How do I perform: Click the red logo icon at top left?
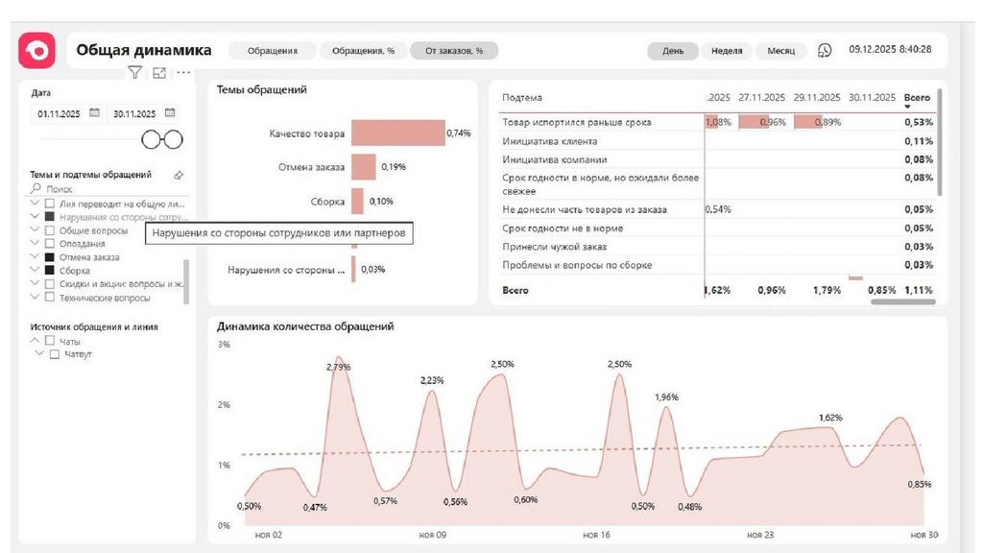pyautogui.click(x=37, y=50)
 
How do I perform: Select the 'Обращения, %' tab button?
pyautogui.click(x=363, y=51)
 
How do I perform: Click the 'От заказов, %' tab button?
pyautogui.click(x=454, y=51)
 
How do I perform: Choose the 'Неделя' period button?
pyautogui.click(x=727, y=51)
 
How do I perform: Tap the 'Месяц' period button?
pyautogui.click(x=780, y=51)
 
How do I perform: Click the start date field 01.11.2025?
pyautogui.click(x=60, y=113)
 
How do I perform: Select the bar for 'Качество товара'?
pyautogui.click(x=397, y=133)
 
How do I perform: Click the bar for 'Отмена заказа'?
pyautogui.click(x=363, y=167)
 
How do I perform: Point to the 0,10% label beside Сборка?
pyautogui.click(x=381, y=202)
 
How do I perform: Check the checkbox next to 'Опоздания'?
pyautogui.click(x=49, y=244)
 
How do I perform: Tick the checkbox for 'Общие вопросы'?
pyautogui.click(x=49, y=230)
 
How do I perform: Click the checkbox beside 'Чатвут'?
pyautogui.click(x=55, y=354)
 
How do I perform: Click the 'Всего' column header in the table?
pyautogui.click(x=917, y=98)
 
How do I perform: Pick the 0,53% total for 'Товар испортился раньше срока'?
pyautogui.click(x=918, y=123)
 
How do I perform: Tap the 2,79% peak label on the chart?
pyautogui.click(x=339, y=367)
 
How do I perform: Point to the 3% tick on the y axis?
pyautogui.click(x=224, y=345)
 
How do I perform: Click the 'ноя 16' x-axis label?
pyautogui.click(x=595, y=534)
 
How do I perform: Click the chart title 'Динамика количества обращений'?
pyautogui.click(x=305, y=326)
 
